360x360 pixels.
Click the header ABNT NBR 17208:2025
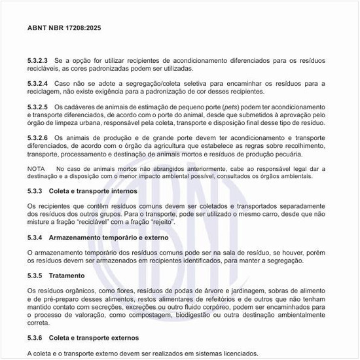(x=64, y=29)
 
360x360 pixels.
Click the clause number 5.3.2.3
(x=38, y=60)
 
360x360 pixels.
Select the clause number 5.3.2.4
(x=38, y=84)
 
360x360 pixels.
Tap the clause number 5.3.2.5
(x=38, y=107)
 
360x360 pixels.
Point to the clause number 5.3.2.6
(x=38, y=138)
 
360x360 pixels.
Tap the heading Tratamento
(x=68, y=275)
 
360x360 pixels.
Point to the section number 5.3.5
(x=35, y=275)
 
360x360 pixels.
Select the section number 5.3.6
(x=35, y=338)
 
